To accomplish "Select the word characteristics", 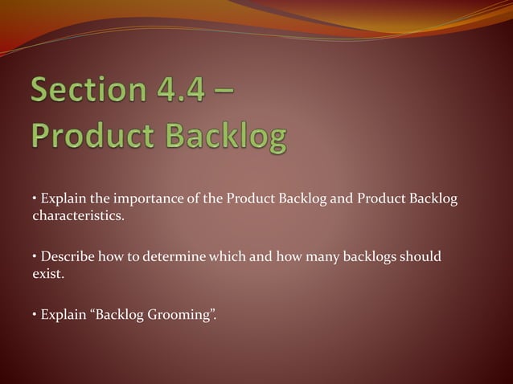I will coord(78,216).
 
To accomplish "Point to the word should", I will coord(421,257).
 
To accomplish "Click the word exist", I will coord(47,274).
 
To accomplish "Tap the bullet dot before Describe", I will coord(35,257).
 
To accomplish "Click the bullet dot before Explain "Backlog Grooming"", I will coord(35,314).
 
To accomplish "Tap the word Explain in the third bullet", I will coord(64,314).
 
